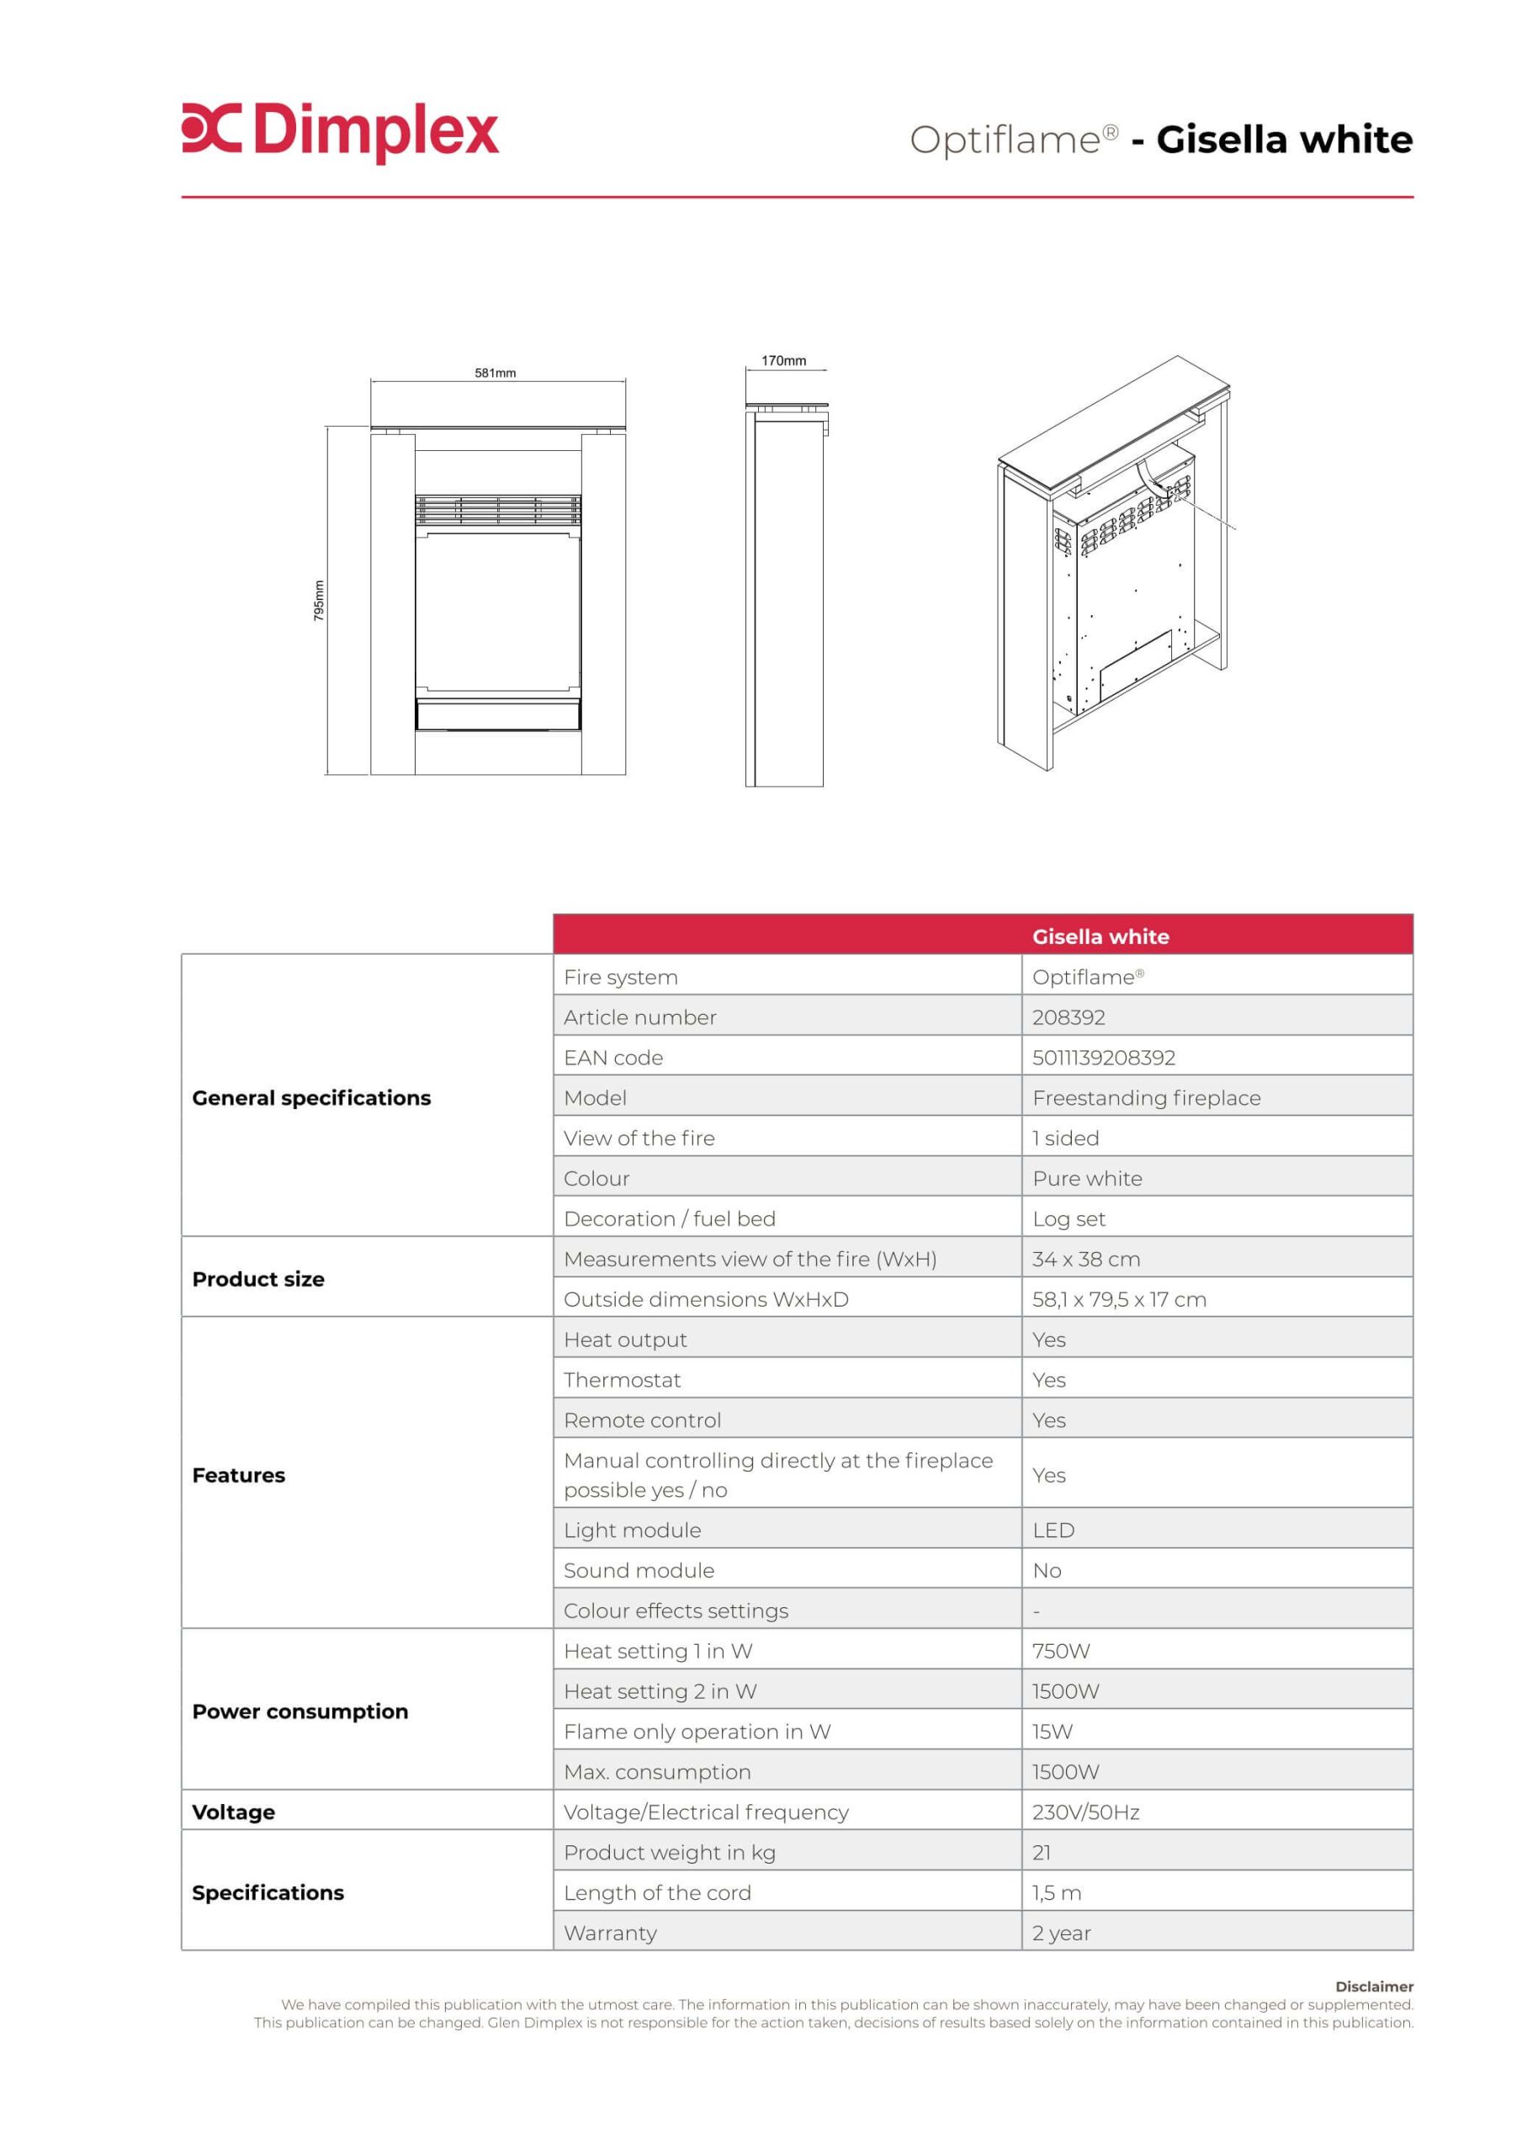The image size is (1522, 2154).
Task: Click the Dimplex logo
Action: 340,132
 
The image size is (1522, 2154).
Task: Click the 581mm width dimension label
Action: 495,374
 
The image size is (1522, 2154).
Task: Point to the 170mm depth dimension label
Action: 782,361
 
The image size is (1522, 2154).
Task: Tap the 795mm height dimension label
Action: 319,601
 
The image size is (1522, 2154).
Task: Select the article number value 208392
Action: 1068,1017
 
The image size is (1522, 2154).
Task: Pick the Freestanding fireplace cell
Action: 1146,1098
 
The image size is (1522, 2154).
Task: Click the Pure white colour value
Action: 1087,1178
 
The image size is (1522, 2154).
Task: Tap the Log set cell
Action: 1068,1218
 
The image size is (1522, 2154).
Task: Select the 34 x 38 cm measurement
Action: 1085,1259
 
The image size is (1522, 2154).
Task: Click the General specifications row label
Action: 310,1098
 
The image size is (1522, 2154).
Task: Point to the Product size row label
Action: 258,1279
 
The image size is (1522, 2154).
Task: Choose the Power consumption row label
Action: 300,1711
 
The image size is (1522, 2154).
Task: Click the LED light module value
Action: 1053,1531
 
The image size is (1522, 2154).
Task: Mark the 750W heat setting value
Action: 1060,1651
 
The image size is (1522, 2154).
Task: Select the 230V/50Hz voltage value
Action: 1084,1812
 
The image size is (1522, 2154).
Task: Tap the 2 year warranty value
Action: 1060,1933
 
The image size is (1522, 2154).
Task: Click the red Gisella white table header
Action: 1100,936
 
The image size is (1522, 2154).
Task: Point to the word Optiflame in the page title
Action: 1004,141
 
